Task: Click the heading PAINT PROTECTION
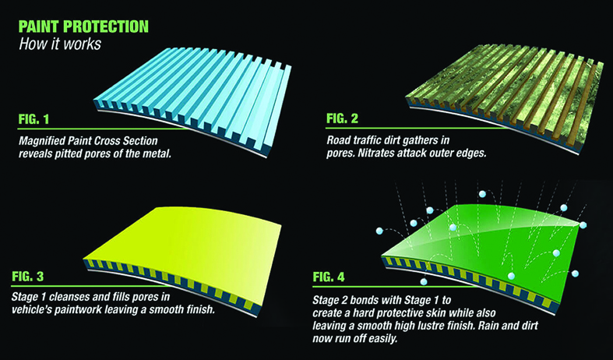(x=82, y=26)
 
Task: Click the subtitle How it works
(x=58, y=44)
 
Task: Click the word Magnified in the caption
(x=44, y=141)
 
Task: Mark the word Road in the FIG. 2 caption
(x=340, y=141)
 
